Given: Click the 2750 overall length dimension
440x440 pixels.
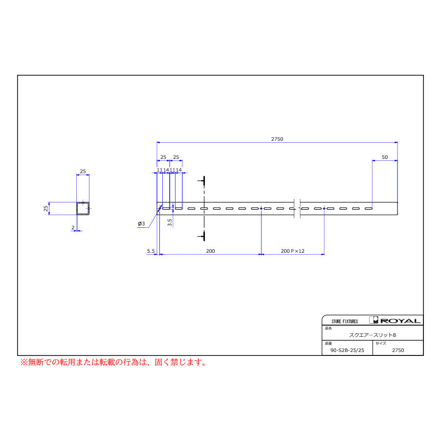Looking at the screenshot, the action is (x=277, y=139).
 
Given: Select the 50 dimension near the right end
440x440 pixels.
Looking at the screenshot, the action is (x=385, y=157).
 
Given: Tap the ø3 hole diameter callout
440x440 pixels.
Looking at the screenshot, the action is (x=141, y=223).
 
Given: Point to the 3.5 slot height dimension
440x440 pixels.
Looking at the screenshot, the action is (x=170, y=222).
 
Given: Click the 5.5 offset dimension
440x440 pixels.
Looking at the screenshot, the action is (x=151, y=251).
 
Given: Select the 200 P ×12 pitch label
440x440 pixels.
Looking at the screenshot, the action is (x=292, y=251).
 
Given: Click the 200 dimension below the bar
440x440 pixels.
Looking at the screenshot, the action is (x=210, y=251).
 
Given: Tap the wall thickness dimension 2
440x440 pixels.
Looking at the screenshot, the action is (x=73, y=227).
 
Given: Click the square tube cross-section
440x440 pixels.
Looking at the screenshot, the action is (x=83, y=208).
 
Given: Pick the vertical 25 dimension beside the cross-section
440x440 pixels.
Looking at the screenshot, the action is (x=46, y=208).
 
